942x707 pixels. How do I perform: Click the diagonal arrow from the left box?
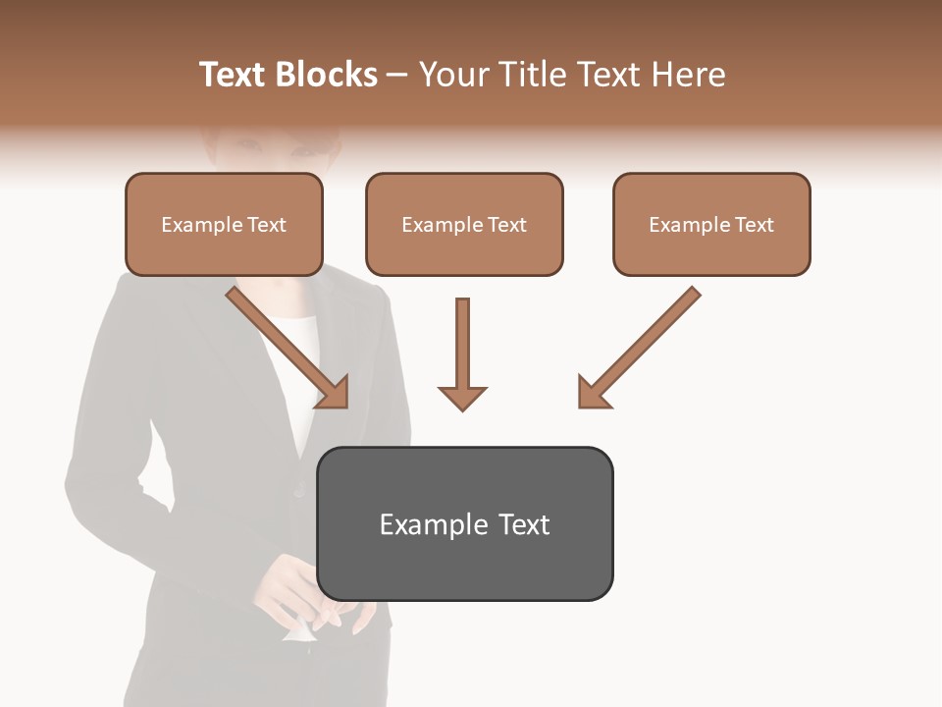(285, 344)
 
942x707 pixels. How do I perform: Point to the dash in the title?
(397, 75)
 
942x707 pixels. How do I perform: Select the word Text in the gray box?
(524, 524)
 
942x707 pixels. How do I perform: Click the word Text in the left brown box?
(267, 225)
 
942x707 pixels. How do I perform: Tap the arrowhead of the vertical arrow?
(462, 398)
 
